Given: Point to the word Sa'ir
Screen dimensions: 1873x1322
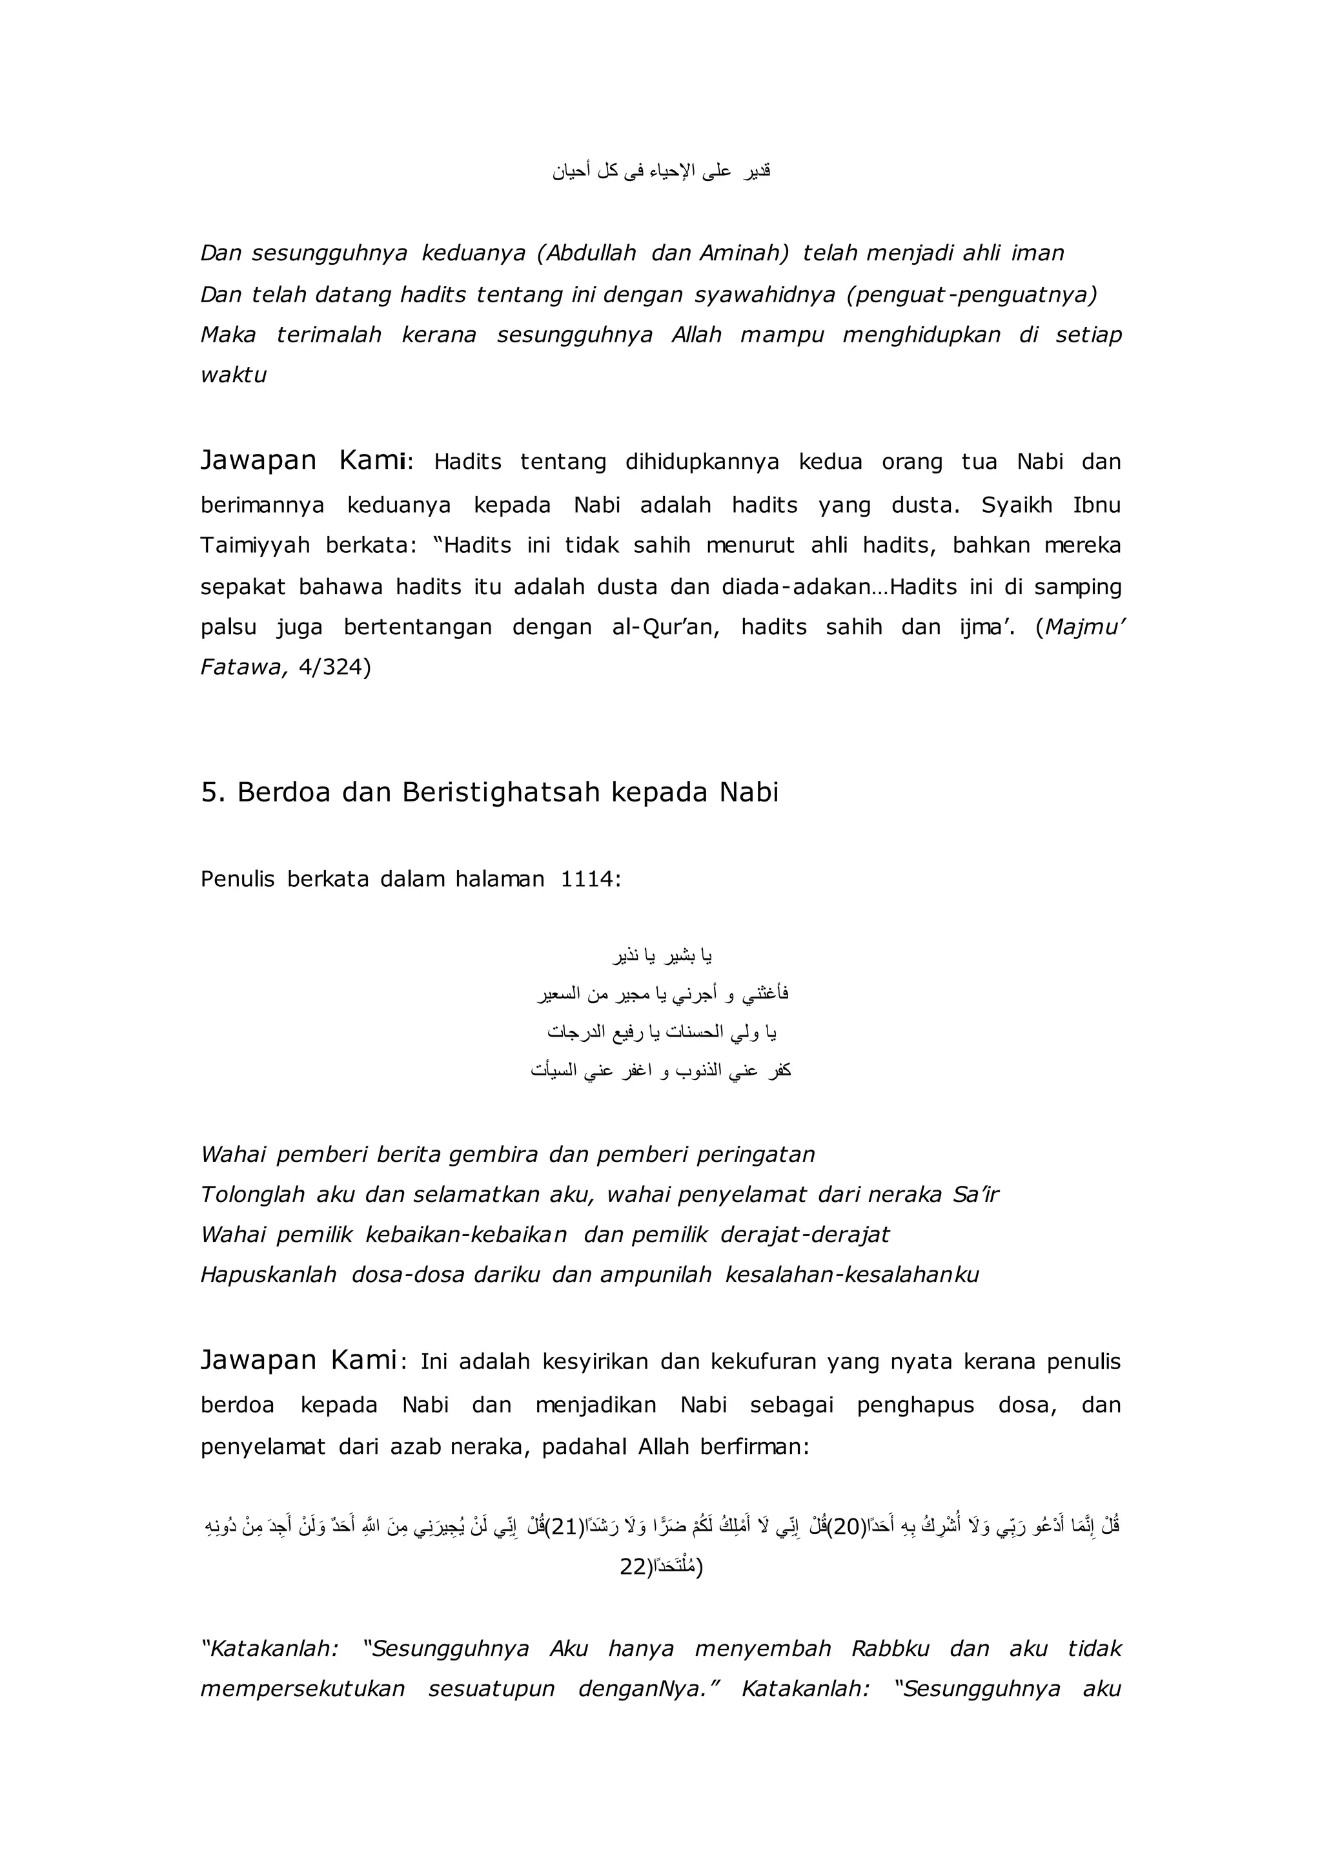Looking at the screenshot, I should (975, 1195).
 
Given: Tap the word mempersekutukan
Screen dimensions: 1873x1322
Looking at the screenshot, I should (303, 1689).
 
